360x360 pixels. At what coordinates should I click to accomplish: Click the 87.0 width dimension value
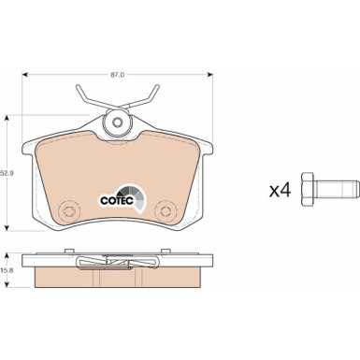coord(118,75)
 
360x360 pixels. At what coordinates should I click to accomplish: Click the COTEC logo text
coord(117,201)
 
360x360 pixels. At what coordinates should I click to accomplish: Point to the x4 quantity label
coord(281,190)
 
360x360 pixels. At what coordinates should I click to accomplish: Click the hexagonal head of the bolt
coord(308,189)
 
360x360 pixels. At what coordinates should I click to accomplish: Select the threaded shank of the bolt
coord(335,189)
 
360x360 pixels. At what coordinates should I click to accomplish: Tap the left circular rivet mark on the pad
coord(68,211)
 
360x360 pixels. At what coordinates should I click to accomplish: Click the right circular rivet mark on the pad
coord(165,211)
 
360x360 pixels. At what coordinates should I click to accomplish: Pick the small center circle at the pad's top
coord(118,122)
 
